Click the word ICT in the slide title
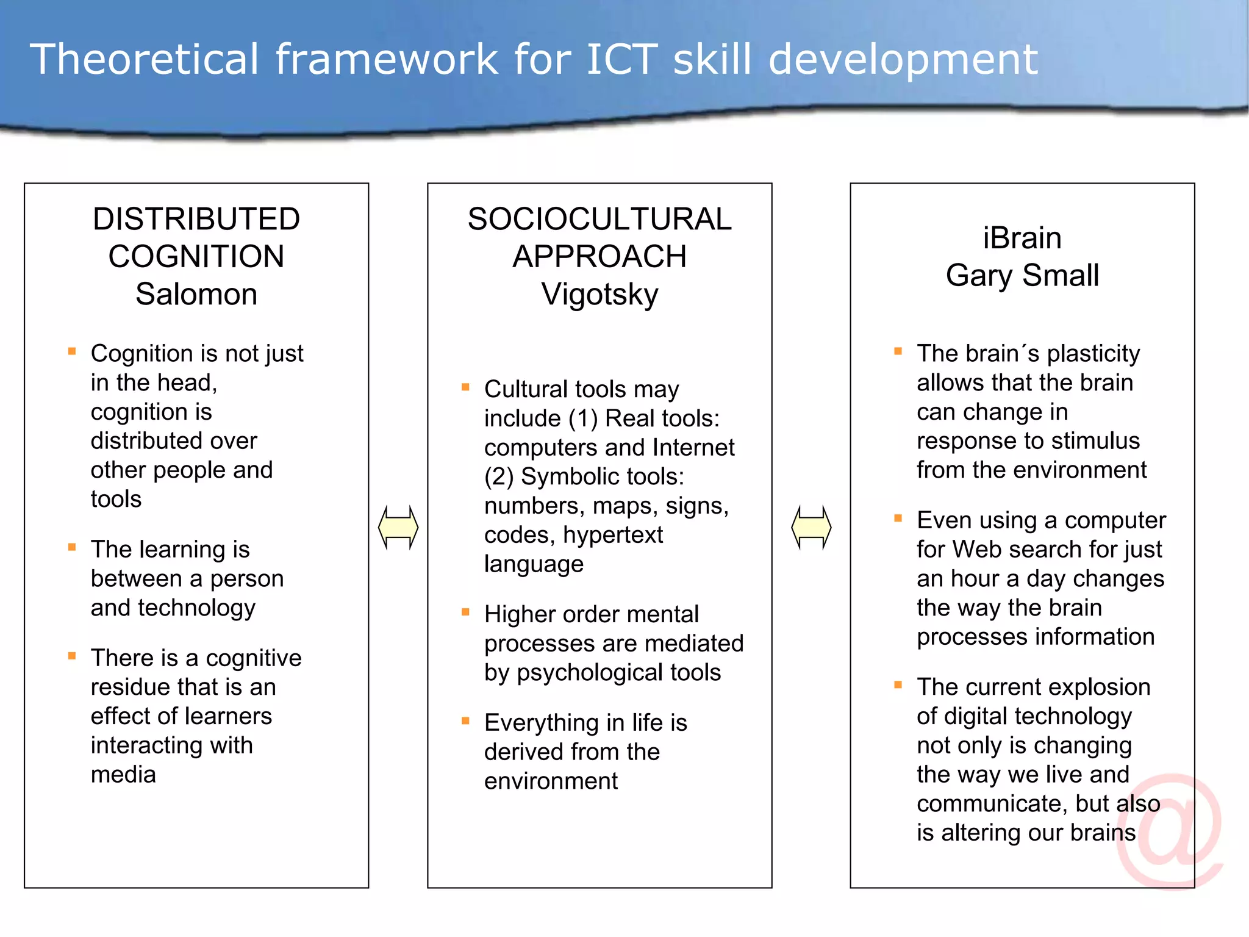(x=621, y=59)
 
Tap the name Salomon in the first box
(x=196, y=294)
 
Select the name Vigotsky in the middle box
(x=599, y=294)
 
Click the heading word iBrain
(x=1022, y=238)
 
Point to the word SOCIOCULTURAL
(x=599, y=219)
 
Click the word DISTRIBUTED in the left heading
(x=196, y=219)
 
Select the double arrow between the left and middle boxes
(x=398, y=527)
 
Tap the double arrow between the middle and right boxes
(x=811, y=527)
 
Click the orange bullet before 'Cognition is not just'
(x=72, y=351)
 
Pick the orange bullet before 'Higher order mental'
(x=465, y=612)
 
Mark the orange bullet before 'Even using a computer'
(x=898, y=519)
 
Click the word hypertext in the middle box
(x=612, y=535)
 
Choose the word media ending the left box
(x=123, y=775)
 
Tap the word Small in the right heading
(x=1061, y=276)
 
